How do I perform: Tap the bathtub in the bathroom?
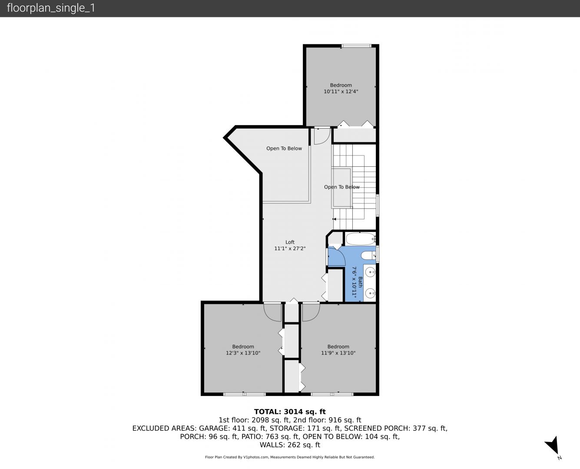[x=361, y=239]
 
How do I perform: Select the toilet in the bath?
[x=368, y=255]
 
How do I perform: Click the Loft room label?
[x=290, y=242]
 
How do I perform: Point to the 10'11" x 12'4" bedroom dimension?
[x=341, y=92]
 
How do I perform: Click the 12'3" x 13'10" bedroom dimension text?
[x=243, y=353]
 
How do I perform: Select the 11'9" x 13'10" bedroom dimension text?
[x=338, y=353]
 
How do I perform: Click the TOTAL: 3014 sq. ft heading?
[x=290, y=412]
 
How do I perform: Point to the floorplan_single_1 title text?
[x=51, y=8]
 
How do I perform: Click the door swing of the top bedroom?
[x=322, y=136]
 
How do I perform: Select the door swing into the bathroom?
[x=337, y=256]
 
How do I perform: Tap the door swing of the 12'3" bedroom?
[x=272, y=313]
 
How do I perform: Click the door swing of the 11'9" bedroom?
[x=311, y=313]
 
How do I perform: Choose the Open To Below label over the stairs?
[x=342, y=187]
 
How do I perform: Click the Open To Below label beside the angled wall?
[x=284, y=149]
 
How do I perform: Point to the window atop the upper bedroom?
[x=356, y=46]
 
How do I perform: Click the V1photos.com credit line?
[x=290, y=457]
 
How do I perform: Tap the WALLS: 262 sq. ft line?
[x=290, y=445]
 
